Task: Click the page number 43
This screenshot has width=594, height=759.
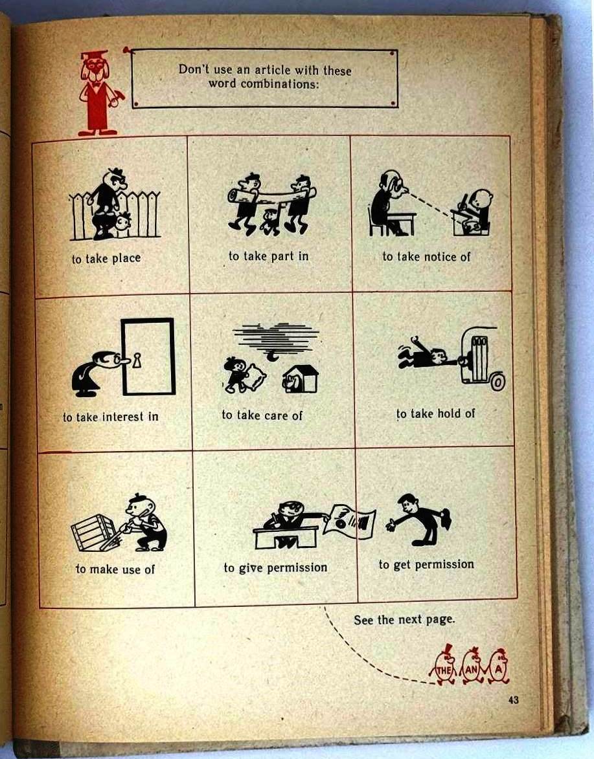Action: point(514,700)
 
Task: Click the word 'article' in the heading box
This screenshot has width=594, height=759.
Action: point(272,70)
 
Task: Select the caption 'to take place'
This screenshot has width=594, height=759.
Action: point(107,258)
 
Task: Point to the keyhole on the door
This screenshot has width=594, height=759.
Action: point(137,360)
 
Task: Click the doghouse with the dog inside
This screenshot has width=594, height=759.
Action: point(301,379)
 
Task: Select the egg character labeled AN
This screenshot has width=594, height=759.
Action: point(472,666)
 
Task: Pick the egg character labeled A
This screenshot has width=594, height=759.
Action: point(499,666)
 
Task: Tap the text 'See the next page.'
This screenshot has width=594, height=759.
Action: point(405,620)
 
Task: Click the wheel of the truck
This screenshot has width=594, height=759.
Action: point(497,382)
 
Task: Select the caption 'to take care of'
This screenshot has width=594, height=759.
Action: point(262,415)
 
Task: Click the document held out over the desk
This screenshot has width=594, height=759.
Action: point(350,521)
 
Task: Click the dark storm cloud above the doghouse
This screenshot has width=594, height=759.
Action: point(276,337)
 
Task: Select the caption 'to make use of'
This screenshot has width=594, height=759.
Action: point(115,569)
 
